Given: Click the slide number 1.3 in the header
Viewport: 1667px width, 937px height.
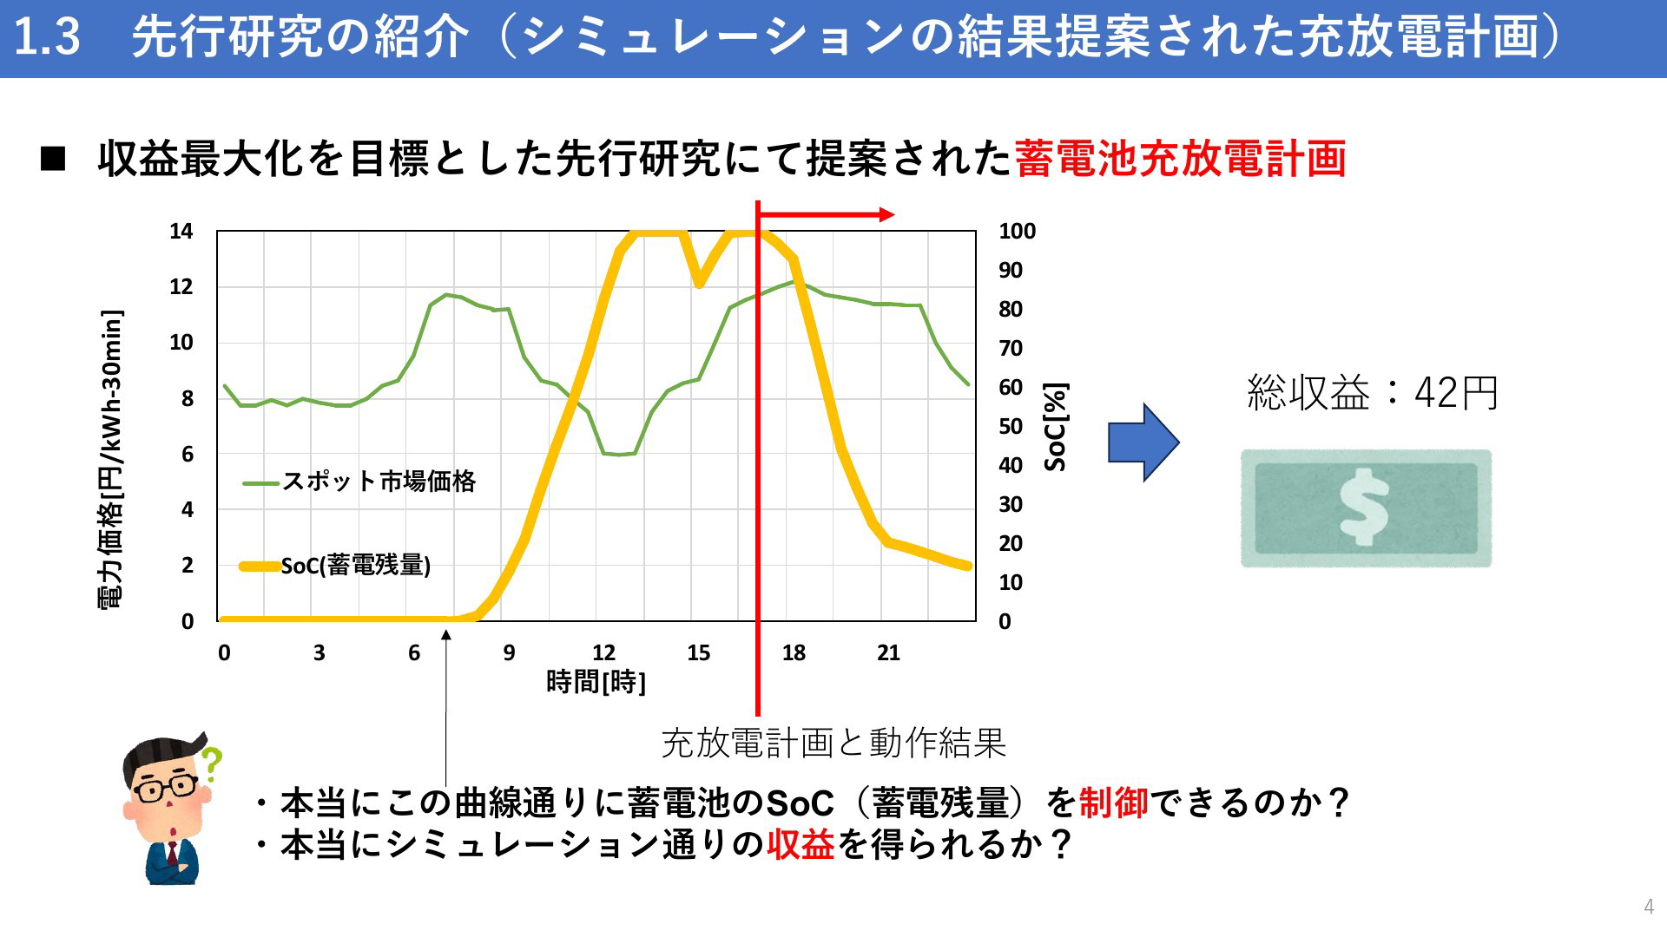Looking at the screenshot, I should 48,37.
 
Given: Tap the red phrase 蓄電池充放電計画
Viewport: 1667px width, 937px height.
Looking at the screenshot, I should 1180,159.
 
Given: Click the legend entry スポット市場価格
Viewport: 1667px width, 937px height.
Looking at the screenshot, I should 379,481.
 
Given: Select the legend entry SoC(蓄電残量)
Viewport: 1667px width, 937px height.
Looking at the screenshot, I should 356,566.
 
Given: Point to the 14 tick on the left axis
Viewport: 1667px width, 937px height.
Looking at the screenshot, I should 181,232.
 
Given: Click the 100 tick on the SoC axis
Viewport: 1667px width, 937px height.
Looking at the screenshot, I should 1017,232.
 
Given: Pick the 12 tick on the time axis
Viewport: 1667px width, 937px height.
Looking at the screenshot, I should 603,653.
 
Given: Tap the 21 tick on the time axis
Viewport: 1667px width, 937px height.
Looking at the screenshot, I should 888,653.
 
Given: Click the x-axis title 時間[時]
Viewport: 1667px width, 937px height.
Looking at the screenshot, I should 596,682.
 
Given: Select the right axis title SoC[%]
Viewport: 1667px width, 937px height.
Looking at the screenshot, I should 1056,427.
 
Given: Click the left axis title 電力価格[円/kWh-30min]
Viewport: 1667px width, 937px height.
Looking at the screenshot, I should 111,460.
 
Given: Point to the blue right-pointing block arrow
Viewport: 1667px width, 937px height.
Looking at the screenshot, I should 1143,442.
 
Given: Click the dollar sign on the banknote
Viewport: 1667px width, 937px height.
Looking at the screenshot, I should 1364,508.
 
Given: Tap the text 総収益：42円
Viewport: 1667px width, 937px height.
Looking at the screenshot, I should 1373,393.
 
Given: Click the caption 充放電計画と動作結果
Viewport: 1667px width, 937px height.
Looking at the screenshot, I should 833,743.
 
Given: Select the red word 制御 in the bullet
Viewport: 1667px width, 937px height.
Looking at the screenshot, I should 1114,803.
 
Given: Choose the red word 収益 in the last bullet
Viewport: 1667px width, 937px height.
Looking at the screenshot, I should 801,844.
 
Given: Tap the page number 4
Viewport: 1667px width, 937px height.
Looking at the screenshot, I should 1649,907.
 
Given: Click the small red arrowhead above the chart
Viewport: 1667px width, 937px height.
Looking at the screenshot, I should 886,214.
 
